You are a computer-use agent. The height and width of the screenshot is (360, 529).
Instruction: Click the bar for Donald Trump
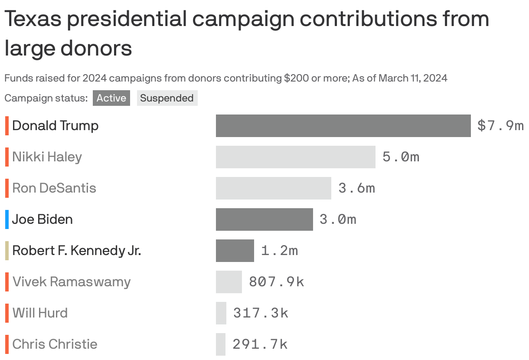pyautogui.click(x=343, y=126)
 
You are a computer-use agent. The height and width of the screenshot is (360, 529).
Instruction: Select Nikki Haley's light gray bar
pyautogui.click(x=295, y=157)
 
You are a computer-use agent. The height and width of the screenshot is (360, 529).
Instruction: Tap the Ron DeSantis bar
pyautogui.click(x=273, y=188)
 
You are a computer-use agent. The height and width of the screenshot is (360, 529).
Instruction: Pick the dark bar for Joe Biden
pyautogui.click(x=264, y=219)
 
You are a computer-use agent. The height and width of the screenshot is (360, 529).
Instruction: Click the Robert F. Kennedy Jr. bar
pyautogui.click(x=235, y=251)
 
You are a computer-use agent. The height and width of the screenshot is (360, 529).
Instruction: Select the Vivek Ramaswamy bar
pyautogui.click(x=229, y=282)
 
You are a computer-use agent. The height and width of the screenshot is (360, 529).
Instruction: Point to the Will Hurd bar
pyautogui.click(x=221, y=313)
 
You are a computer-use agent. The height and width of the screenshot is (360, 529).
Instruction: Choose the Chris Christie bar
pyautogui.click(x=221, y=344)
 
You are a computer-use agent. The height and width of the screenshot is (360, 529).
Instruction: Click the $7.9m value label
pyautogui.click(x=500, y=126)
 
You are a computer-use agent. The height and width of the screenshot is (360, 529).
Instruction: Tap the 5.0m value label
pyautogui.click(x=401, y=157)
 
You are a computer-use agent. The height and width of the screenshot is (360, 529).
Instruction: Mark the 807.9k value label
pyautogui.click(x=276, y=282)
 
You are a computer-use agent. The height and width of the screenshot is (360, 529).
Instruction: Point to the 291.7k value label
pyautogui.click(x=260, y=344)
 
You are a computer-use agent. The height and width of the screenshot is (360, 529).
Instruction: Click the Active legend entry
pyautogui.click(x=111, y=98)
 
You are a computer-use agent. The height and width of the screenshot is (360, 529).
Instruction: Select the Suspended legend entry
pyautogui.click(x=167, y=98)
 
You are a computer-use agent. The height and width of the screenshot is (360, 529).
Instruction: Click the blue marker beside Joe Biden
pyautogui.click(x=7, y=219)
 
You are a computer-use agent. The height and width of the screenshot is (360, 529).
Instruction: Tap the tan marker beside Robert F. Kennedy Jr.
pyautogui.click(x=7, y=251)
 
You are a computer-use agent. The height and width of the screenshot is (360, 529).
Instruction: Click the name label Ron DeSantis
pyautogui.click(x=54, y=188)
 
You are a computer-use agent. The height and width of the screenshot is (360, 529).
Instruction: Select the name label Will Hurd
pyautogui.click(x=40, y=313)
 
